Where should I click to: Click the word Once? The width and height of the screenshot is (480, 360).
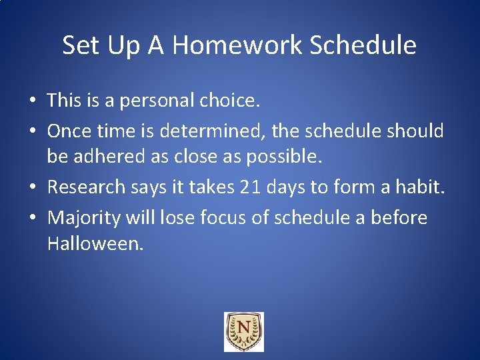click(69, 131)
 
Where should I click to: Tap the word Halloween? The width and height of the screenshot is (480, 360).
click(95, 244)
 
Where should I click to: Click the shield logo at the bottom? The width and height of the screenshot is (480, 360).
click(243, 331)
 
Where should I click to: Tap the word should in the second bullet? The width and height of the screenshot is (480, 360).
click(415, 131)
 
